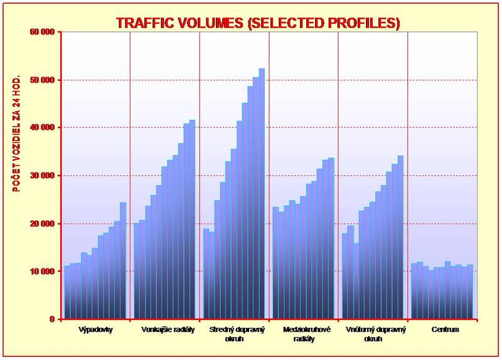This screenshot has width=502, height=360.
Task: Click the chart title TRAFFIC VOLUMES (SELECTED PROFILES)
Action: point(258,23)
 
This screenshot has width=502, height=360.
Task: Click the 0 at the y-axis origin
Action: point(52,319)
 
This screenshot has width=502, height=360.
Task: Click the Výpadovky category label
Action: point(96,329)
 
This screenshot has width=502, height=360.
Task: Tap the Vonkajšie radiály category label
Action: point(165,329)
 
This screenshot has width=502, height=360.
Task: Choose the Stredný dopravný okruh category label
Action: point(234,334)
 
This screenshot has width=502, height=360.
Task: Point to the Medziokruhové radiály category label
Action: point(304,334)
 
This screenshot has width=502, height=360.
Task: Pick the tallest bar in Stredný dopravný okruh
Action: point(262,194)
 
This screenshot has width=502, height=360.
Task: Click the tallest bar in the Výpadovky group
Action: point(123,260)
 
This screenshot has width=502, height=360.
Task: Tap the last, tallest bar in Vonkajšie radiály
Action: point(192,220)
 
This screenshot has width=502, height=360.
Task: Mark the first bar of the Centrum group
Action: point(414,292)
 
